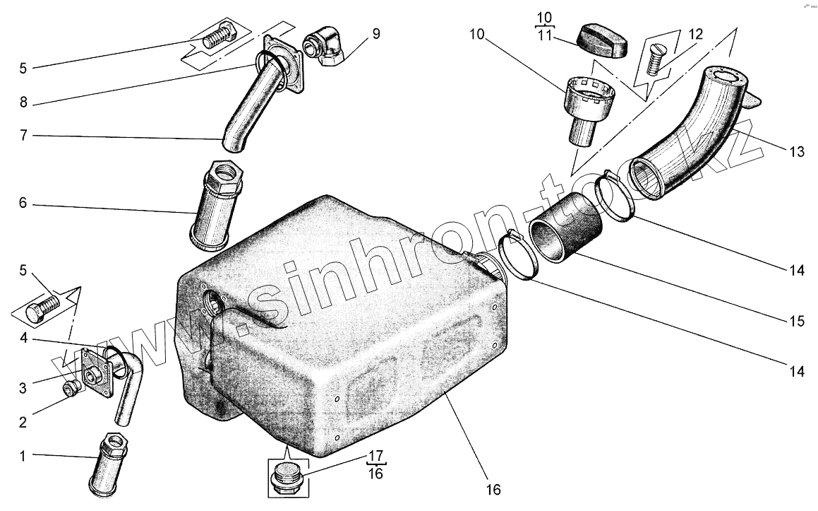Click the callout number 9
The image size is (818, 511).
click(x=375, y=34)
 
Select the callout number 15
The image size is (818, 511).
click(x=796, y=321)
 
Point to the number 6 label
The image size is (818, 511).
click(x=23, y=205)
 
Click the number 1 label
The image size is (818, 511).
click(x=23, y=457)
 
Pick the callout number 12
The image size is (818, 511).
click(x=695, y=34)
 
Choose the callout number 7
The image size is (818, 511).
click(x=23, y=135)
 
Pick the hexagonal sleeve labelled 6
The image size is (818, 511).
click(x=218, y=205)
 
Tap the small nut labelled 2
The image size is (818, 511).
click(x=71, y=388)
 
